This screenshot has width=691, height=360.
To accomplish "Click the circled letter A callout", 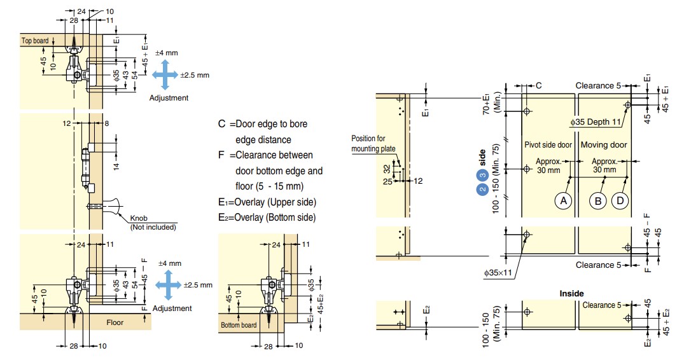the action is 563,201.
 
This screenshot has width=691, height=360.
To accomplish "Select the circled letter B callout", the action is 598,201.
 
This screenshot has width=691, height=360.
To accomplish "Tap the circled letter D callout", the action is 620,201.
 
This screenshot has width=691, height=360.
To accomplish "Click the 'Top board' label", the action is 35,41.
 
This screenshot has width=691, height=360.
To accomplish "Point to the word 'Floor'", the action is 115,322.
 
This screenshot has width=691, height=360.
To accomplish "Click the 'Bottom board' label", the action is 239,325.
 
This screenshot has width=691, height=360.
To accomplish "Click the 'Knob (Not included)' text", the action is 153,223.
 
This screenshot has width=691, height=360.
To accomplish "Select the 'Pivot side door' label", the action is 548,144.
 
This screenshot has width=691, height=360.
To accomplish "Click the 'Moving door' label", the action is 604,144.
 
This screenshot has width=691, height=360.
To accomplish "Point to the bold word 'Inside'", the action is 571,293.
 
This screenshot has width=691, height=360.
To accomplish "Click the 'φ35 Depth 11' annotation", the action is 596,121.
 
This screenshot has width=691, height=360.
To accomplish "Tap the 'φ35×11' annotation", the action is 498,273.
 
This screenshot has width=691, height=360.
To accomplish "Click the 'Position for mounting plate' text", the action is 373,144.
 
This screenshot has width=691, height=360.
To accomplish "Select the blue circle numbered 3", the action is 482,176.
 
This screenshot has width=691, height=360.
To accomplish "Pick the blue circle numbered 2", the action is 482,189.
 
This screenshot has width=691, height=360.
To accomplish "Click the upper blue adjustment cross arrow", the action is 165,75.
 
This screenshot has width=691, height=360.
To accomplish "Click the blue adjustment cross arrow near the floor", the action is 168,285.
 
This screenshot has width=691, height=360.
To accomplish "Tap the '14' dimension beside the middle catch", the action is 116,166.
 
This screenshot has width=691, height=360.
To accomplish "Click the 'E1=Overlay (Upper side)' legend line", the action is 267,202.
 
